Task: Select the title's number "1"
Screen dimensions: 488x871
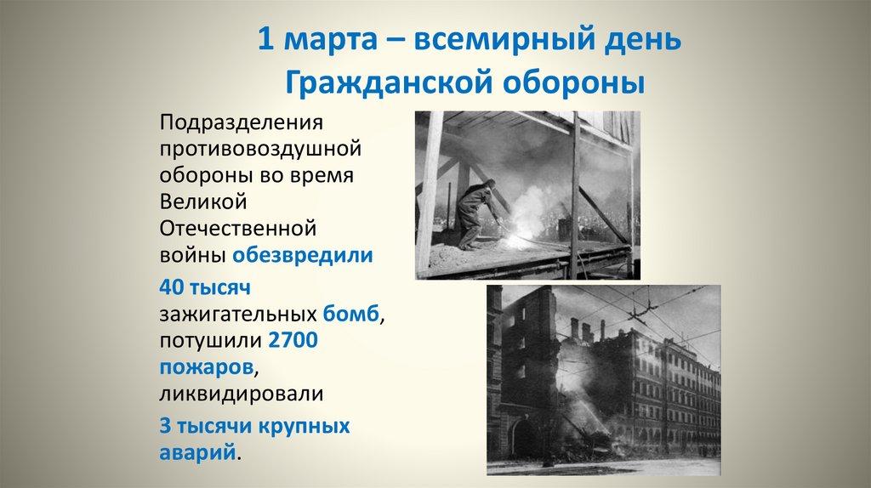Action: [x=265, y=42]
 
